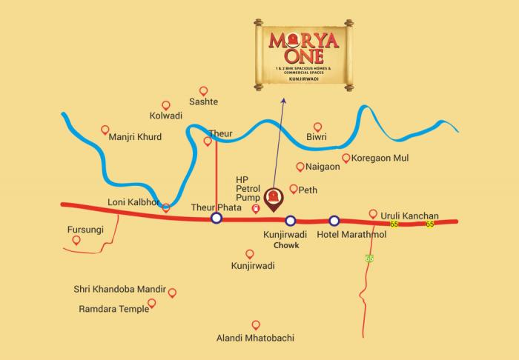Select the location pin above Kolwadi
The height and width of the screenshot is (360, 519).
166,106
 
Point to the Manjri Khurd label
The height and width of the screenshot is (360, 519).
134,137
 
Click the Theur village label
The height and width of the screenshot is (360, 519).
220,133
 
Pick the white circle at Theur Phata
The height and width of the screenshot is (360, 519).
216,218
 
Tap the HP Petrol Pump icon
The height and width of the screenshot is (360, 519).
256,210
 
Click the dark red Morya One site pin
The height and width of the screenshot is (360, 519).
274,199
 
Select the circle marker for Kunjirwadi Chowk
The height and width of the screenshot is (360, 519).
291,219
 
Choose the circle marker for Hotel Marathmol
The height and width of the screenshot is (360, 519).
334,219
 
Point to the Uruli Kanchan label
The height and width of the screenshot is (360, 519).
410,216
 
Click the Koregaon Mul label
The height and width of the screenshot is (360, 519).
380,159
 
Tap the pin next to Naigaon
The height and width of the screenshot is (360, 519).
300,167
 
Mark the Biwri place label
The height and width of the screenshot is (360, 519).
317,137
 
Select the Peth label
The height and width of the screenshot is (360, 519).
308,190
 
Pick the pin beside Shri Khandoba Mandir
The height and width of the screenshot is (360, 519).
172,293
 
